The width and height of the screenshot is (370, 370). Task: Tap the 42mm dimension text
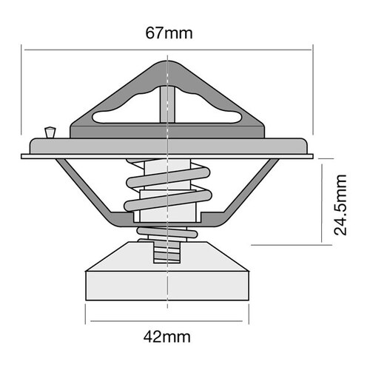pyautogui.click(x=169, y=337)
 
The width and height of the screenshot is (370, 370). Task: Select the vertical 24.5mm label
pyautogui.click(x=340, y=204)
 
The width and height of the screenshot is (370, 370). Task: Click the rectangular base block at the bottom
pyautogui.click(x=169, y=284)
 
